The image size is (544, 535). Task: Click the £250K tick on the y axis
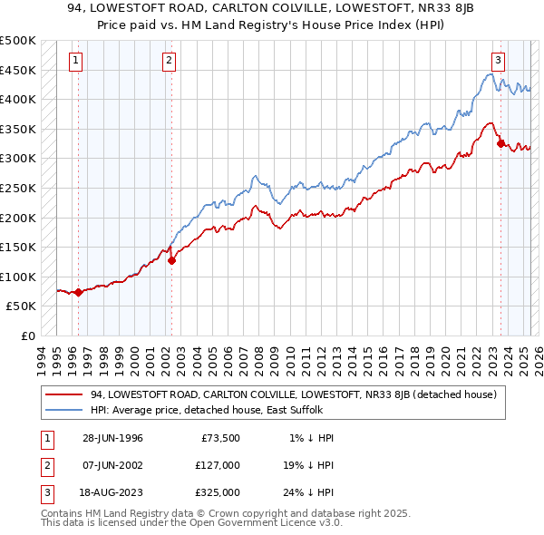pos(18,188)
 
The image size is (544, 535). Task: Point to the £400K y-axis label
pos(18,99)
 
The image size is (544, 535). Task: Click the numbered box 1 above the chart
pos(74,61)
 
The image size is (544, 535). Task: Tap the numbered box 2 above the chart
pos(170,61)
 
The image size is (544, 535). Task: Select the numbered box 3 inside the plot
pos(498,61)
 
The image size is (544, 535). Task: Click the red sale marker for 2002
pos(171,260)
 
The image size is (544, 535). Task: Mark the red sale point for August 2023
pos(500,143)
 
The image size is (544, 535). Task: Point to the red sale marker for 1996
pos(79,292)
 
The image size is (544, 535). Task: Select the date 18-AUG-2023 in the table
pos(112,492)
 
